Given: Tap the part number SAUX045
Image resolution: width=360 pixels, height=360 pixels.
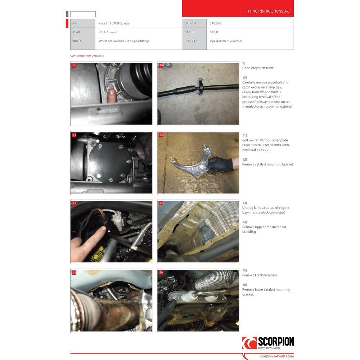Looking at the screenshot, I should (x=216, y=23).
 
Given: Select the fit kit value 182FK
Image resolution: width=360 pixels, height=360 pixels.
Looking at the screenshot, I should (x=214, y=32).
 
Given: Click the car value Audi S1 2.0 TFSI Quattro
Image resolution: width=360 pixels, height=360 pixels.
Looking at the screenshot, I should (x=114, y=23).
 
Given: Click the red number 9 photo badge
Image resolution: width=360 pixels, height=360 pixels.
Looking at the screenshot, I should (x=73, y=65).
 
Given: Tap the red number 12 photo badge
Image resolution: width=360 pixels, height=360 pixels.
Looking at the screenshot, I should (x=161, y=135).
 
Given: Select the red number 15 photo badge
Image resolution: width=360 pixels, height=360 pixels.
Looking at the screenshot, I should (x=74, y=273).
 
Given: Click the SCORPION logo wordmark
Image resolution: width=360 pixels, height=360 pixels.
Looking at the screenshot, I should (x=276, y=342).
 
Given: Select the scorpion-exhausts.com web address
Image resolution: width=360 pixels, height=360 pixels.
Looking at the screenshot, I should (x=276, y=356).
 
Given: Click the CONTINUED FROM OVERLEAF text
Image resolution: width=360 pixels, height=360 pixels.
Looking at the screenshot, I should (x=87, y=56).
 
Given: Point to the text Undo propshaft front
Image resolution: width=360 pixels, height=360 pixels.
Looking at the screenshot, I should (x=258, y=68).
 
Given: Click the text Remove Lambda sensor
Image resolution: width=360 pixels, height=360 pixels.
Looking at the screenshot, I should (x=260, y=275).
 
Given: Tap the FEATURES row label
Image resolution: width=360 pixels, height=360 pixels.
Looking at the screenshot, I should (x=190, y=41).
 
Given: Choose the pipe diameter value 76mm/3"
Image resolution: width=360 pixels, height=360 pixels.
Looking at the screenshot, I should (x=226, y=41).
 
